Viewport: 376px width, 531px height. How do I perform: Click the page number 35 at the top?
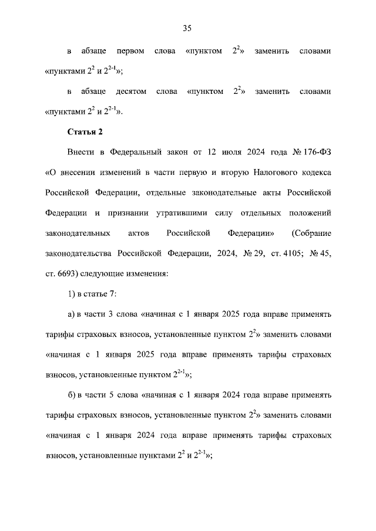click(187, 28)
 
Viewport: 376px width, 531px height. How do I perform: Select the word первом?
click(132, 51)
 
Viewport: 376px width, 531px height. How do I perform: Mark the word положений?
click(309, 213)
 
